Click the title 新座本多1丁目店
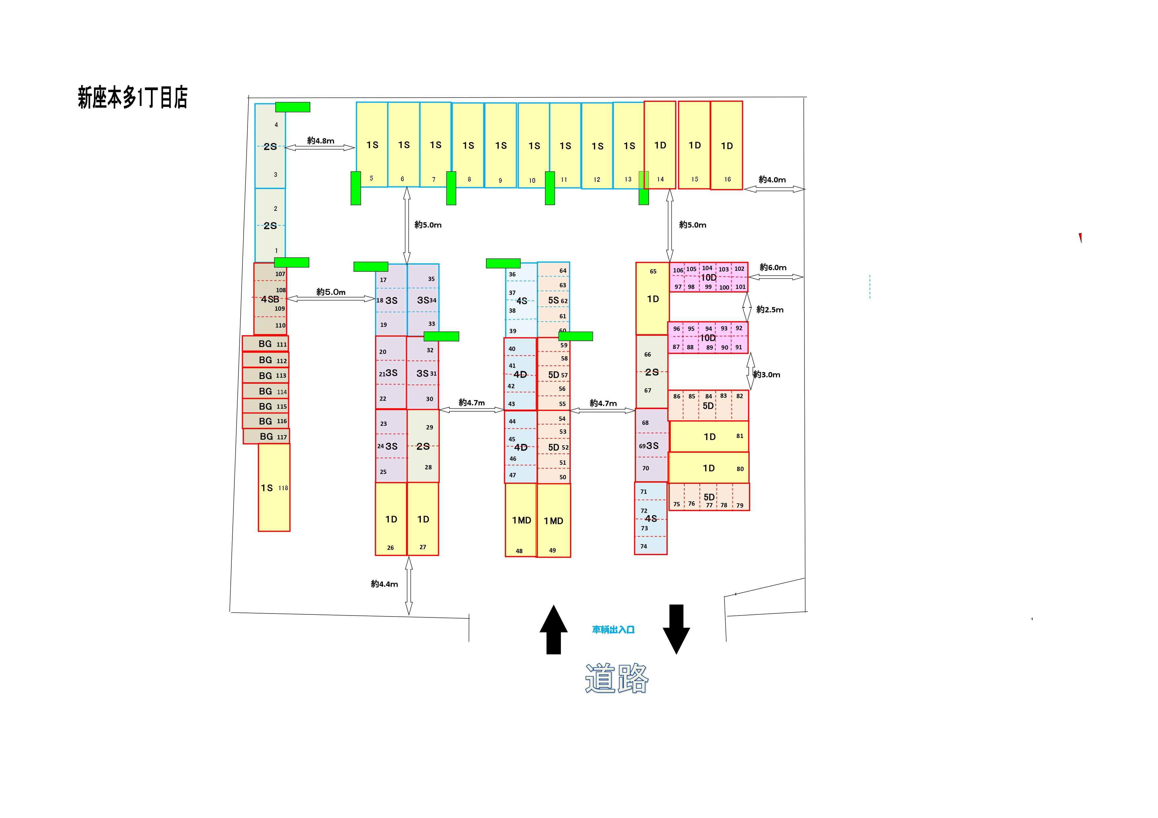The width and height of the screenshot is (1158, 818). (133, 97)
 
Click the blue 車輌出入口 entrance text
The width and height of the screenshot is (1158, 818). (613, 630)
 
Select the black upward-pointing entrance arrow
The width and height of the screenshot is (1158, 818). (554, 630)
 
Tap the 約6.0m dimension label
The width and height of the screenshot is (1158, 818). (773, 267)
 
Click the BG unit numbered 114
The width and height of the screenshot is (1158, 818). (265, 391)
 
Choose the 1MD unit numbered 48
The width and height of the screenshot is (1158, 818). (521, 519)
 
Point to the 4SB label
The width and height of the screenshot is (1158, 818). (270, 299)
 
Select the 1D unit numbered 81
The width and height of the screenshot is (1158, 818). (709, 436)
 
